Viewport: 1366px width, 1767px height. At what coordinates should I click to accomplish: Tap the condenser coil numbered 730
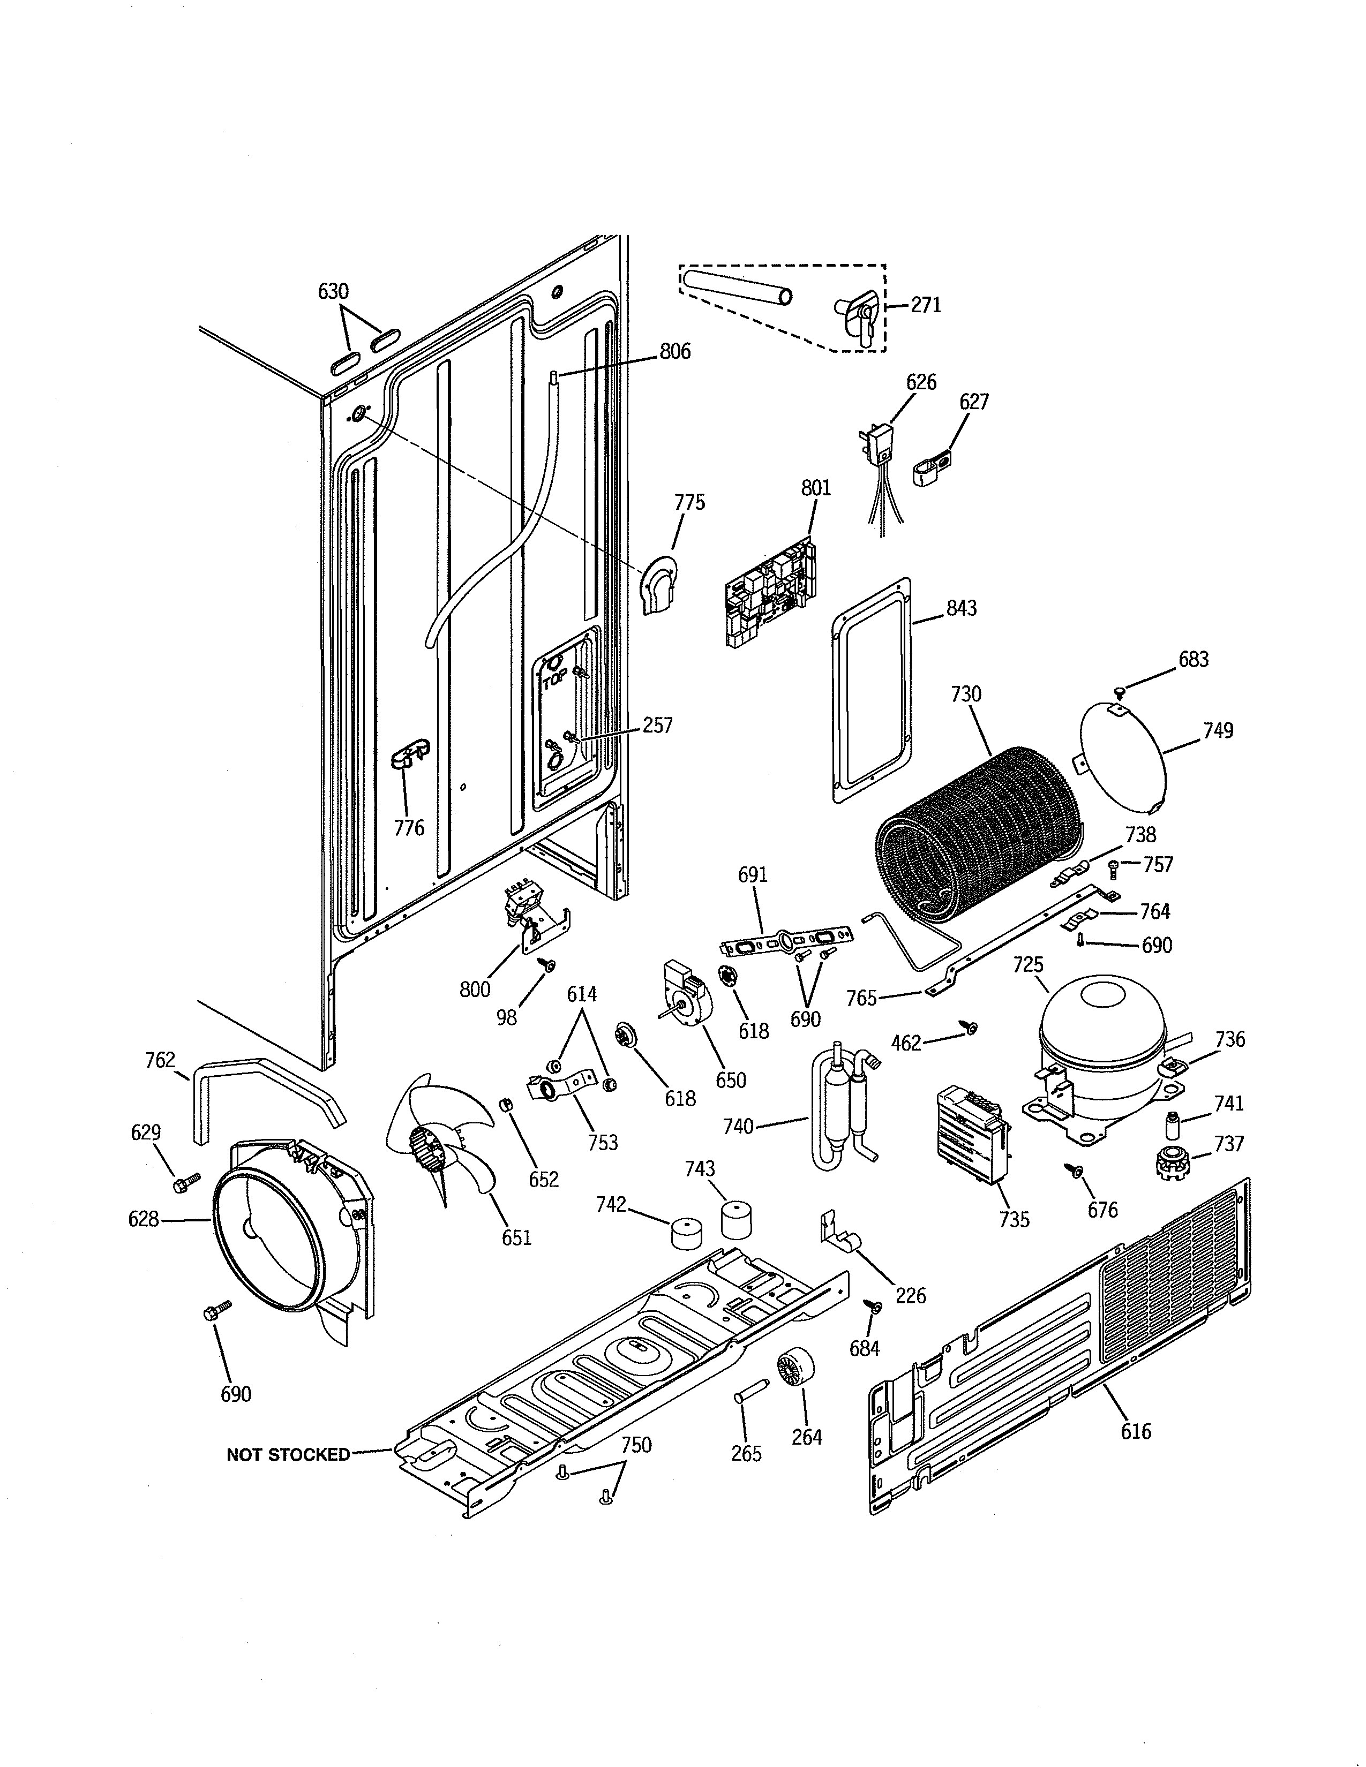[979, 833]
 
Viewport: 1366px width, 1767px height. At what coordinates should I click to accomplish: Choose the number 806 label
[675, 351]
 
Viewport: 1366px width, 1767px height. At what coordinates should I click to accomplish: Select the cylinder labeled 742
[686, 1234]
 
